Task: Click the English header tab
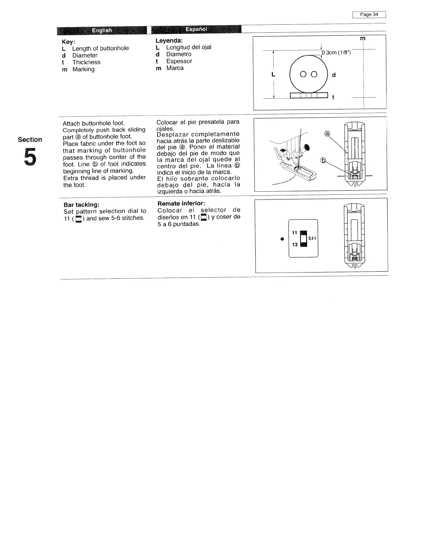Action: [x=102, y=30]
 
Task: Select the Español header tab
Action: [x=196, y=29]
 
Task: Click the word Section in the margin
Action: [x=30, y=139]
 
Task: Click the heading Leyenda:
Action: [x=166, y=41]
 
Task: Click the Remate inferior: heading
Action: [x=181, y=203]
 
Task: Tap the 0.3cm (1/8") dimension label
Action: [x=336, y=53]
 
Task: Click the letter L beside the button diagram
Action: [x=273, y=74]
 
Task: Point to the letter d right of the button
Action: [x=334, y=75]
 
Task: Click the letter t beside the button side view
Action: [x=333, y=97]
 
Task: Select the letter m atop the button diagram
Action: [x=362, y=39]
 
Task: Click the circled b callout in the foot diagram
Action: [x=323, y=161]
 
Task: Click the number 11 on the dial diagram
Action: [x=294, y=233]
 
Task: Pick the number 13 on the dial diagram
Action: [x=295, y=245]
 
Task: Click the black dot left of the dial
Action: [x=282, y=238]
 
